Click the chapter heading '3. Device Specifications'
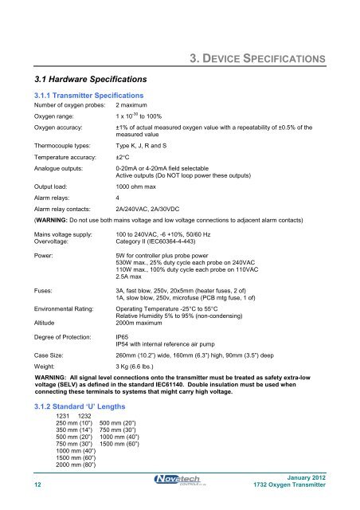coord(261,58)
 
